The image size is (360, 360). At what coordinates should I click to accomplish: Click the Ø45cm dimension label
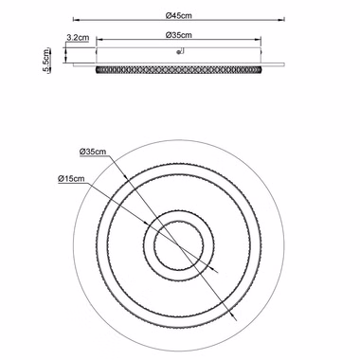tap(179, 15)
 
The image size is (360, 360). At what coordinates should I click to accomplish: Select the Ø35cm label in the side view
tap(179, 35)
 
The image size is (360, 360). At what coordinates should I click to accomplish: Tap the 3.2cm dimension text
tap(78, 38)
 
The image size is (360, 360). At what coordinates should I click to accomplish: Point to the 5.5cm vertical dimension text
tap(46, 61)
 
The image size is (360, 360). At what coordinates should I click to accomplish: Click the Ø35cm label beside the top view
tap(93, 152)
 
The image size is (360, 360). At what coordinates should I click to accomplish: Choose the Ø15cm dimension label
tap(71, 178)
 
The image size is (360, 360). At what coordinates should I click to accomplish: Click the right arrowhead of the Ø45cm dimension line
tap(281, 20)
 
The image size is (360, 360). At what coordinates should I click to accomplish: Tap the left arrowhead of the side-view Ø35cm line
tap(99, 40)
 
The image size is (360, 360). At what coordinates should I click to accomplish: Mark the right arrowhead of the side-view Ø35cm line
tap(258, 40)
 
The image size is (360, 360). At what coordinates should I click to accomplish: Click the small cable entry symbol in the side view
tap(180, 51)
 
